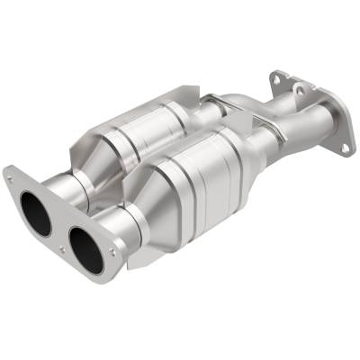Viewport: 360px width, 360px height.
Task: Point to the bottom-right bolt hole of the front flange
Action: tap(112, 253)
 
